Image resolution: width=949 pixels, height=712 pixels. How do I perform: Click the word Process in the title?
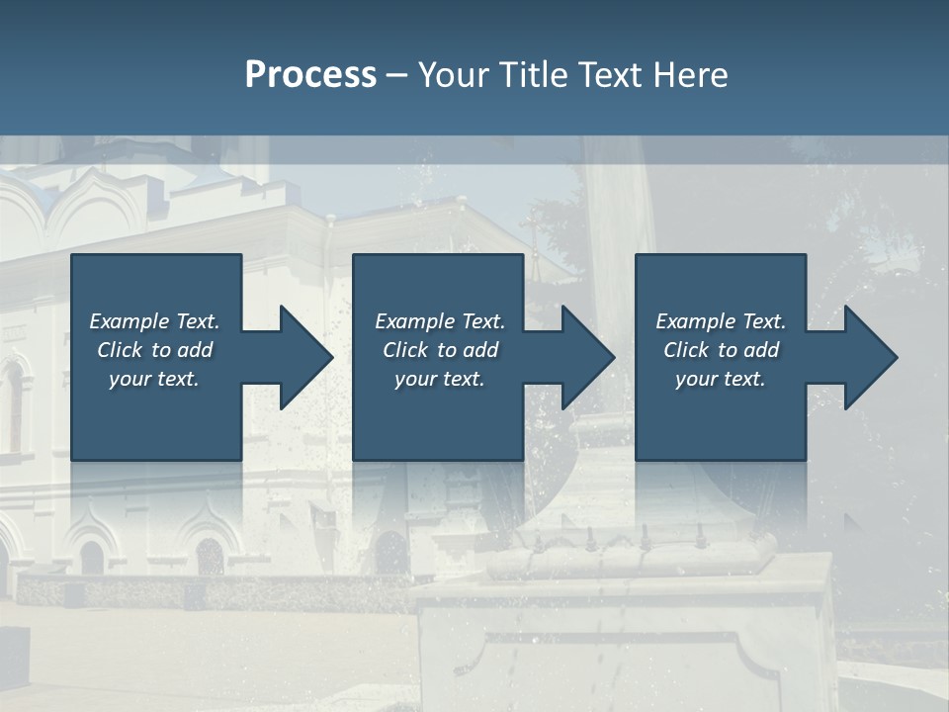pyautogui.click(x=310, y=75)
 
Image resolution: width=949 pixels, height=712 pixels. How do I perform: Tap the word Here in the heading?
pyautogui.click(x=690, y=75)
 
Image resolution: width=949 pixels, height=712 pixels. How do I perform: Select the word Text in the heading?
pyautogui.click(x=613, y=75)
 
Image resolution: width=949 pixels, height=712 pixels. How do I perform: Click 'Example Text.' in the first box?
pyautogui.click(x=154, y=321)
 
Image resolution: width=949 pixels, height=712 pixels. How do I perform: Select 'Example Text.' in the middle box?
pyautogui.click(x=440, y=321)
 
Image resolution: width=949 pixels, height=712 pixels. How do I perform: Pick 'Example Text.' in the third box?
pyautogui.click(x=721, y=321)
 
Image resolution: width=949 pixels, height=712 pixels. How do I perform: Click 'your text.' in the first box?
pyautogui.click(x=154, y=379)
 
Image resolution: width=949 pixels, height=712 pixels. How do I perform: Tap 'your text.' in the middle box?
pyautogui.click(x=440, y=379)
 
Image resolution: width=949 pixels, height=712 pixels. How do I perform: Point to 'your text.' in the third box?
pyautogui.click(x=721, y=379)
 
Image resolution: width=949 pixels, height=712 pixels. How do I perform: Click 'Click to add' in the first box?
pyautogui.click(x=154, y=350)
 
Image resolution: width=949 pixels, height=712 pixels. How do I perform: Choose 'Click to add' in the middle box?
pyautogui.click(x=440, y=350)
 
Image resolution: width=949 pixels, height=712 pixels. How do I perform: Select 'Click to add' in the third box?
pyautogui.click(x=721, y=350)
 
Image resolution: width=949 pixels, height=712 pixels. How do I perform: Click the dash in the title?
pyautogui.click(x=397, y=76)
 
